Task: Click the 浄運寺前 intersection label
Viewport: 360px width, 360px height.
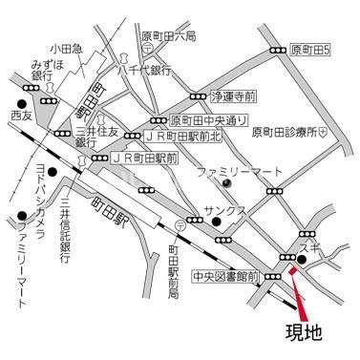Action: pyautogui.click(x=234, y=96)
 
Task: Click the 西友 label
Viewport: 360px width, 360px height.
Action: pyautogui.click(x=21, y=115)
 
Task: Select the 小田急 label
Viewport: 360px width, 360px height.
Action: pyautogui.click(x=68, y=47)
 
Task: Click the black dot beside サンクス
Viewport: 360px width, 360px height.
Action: pyautogui.click(x=219, y=224)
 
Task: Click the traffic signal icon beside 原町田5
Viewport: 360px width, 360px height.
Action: pyautogui.click(x=278, y=50)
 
